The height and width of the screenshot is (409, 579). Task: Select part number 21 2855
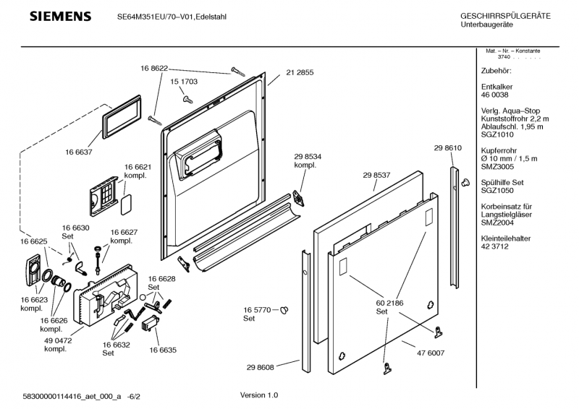[x=300, y=72]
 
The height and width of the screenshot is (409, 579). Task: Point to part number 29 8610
[x=447, y=147]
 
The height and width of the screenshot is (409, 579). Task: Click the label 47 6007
[x=430, y=353]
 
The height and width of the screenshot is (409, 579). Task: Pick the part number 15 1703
[x=183, y=82]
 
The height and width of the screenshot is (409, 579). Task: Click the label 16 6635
[x=163, y=350]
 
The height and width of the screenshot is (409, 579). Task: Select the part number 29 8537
[x=376, y=174]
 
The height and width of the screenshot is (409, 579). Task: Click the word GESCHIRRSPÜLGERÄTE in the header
[x=505, y=16]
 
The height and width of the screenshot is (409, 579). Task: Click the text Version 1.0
[x=258, y=395]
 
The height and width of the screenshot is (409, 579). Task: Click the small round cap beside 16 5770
[x=284, y=310]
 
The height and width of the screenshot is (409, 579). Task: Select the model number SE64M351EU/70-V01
[x=166, y=16]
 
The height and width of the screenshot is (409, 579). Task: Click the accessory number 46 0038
[x=494, y=95]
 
